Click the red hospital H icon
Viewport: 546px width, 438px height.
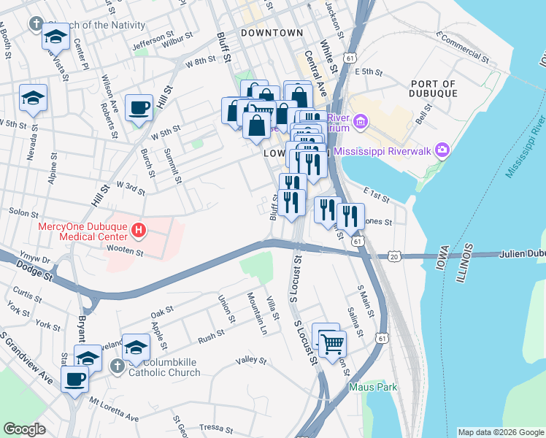[139, 232]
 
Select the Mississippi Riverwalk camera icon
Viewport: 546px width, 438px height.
[441, 151]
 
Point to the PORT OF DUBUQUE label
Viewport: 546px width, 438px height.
[434, 89]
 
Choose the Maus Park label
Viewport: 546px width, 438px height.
[373, 387]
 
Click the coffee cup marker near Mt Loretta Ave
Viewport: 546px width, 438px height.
[75, 380]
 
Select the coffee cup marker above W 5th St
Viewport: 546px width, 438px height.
[139, 109]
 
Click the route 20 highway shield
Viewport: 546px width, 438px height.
[394, 256]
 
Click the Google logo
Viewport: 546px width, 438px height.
[24, 429]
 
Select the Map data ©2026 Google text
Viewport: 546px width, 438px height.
[500, 432]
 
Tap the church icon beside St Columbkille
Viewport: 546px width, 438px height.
[116, 365]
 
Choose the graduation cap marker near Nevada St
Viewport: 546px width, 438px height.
[33, 99]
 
